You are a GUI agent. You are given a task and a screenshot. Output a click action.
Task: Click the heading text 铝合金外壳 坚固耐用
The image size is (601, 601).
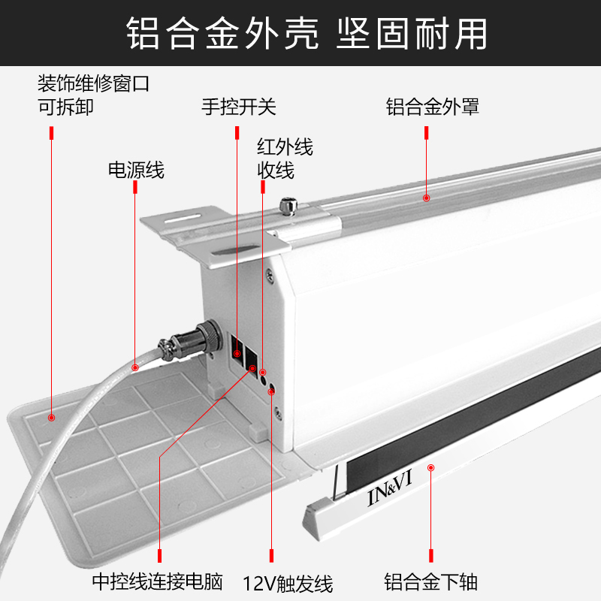300,34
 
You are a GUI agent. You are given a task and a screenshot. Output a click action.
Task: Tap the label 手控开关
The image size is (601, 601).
239,107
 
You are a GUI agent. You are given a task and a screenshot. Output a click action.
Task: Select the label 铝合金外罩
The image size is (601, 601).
433,107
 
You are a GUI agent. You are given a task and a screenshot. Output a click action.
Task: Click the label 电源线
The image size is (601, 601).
136,171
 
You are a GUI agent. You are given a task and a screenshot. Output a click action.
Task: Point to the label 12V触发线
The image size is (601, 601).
288,583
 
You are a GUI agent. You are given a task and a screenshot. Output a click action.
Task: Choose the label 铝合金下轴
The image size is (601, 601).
431,581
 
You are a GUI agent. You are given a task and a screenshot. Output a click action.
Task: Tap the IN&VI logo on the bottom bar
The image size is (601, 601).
390,494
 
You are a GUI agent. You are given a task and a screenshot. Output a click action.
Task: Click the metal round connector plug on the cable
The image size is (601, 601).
189,340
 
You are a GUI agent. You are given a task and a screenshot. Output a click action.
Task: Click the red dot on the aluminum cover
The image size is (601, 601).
426,198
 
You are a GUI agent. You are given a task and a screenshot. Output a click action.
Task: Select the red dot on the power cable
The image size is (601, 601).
135,367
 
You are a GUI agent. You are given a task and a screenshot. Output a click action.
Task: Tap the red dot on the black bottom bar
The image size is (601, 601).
431,468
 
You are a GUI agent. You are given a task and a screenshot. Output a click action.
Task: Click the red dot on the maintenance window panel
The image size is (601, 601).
51,417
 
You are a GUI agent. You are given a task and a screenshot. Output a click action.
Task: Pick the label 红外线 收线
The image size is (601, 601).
285,158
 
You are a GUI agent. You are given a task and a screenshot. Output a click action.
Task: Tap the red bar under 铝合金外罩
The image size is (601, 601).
427,133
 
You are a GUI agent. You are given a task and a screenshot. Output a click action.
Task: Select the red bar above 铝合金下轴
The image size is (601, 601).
431,555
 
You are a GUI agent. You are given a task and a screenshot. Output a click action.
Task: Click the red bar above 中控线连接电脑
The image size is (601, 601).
160,555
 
